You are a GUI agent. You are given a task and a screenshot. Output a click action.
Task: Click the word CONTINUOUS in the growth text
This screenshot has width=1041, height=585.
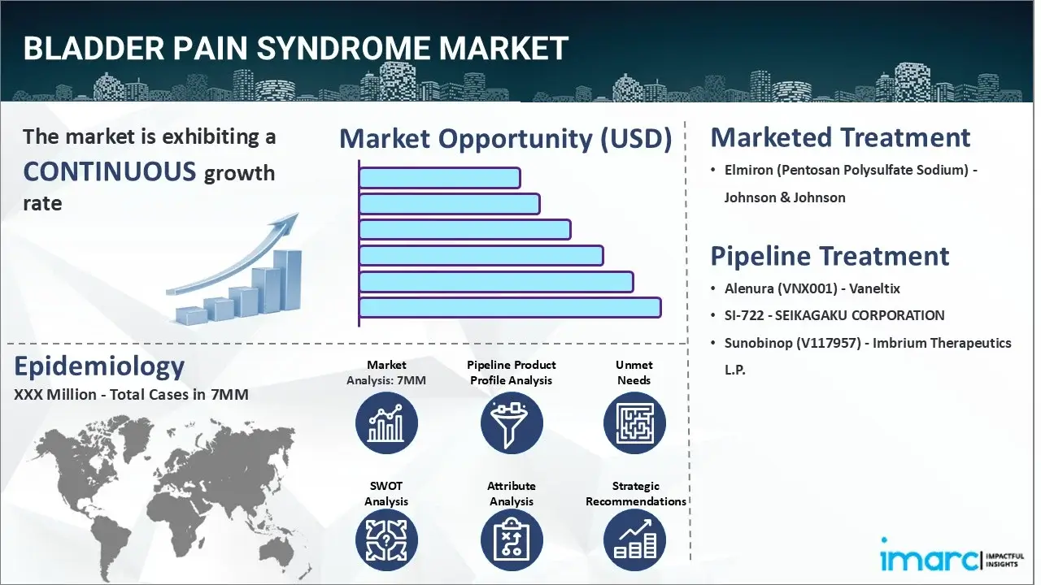tap(110, 171)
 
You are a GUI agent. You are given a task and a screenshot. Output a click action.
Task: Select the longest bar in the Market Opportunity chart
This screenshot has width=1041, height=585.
tap(509, 307)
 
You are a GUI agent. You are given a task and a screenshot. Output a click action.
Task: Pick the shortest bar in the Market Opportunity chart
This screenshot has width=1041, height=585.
tap(439, 177)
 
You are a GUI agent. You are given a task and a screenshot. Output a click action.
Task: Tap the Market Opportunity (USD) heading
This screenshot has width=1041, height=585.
tap(505, 139)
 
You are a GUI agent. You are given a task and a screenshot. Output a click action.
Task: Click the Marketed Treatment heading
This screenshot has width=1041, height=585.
tap(840, 137)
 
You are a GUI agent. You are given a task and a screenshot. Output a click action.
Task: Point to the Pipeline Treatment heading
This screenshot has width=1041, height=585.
tap(830, 256)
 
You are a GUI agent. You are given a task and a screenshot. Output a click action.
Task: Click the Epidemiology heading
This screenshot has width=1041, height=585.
tap(99, 366)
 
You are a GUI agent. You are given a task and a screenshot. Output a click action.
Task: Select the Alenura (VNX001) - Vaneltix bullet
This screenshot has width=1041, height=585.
tap(812, 288)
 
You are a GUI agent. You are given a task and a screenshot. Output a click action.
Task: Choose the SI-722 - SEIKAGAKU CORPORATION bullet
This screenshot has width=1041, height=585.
tap(834, 315)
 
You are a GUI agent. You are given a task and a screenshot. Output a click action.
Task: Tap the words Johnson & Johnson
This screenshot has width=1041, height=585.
tap(785, 197)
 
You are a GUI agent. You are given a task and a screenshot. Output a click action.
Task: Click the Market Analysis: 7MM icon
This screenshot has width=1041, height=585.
tap(386, 423)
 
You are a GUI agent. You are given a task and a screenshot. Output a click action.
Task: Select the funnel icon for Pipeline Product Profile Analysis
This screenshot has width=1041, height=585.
tap(511, 423)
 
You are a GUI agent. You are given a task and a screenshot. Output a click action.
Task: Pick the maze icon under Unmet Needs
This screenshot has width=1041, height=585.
tap(634, 423)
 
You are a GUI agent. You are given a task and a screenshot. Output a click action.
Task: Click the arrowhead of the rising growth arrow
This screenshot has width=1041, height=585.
tap(288, 224)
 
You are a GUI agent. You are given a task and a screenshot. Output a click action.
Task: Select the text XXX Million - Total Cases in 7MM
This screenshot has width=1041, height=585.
tap(131, 395)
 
